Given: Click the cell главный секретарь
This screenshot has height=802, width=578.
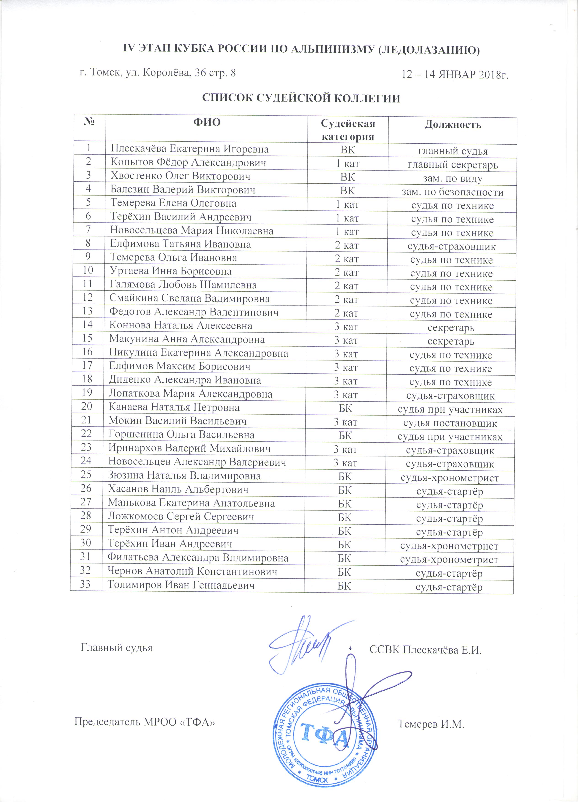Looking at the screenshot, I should [x=453, y=165].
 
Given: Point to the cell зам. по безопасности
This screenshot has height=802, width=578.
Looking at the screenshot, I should [x=452, y=192].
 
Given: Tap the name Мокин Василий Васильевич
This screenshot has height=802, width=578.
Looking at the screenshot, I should [x=177, y=421].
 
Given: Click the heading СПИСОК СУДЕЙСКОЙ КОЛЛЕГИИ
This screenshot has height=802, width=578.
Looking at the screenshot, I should [x=301, y=98].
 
